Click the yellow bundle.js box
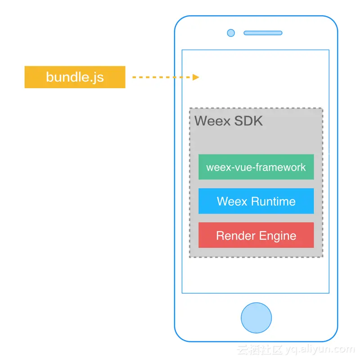75,77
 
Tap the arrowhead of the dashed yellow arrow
196,77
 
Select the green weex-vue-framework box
256,167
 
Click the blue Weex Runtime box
256,201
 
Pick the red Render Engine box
256,235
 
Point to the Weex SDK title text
229,121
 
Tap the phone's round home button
256,318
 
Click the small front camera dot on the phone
231,33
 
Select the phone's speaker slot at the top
263,33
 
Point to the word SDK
249,121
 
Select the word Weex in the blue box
229,201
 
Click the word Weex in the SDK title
213,121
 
